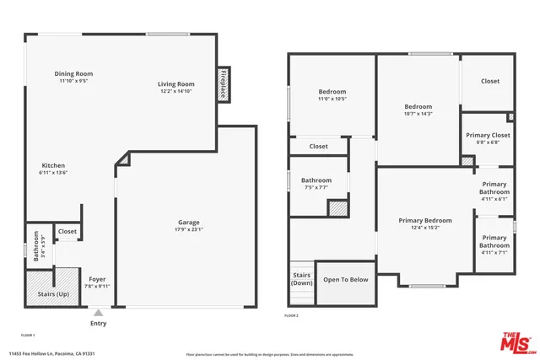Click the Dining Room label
[x=73, y=74]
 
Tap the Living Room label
[x=175, y=84]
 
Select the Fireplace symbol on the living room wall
[x=224, y=84]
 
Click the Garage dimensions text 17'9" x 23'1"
[x=188, y=228]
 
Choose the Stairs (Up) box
[x=54, y=293]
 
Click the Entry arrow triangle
[x=98, y=312]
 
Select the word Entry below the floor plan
[x=98, y=323]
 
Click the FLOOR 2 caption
[x=291, y=314]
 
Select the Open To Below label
[x=345, y=280]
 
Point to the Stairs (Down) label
[x=302, y=279]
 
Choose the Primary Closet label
[x=489, y=135]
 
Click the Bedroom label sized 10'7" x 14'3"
[x=418, y=107]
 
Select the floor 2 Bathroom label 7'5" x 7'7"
[x=316, y=180]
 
